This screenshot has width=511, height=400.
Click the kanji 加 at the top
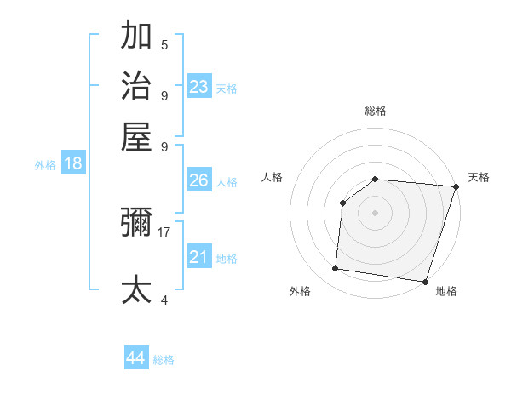point(136,37)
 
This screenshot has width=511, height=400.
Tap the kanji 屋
point(136,135)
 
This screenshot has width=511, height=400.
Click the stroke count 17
point(164,231)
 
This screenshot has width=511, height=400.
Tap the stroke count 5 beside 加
point(164,45)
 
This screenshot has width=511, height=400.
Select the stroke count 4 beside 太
point(164,300)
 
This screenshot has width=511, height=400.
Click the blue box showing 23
point(199,86)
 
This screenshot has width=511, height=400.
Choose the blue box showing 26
point(199,180)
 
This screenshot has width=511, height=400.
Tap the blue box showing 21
point(199,257)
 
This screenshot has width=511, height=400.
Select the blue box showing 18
point(73,163)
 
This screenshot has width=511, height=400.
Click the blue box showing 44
point(136,358)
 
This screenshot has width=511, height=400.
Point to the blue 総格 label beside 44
point(164,360)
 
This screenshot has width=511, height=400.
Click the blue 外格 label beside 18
point(45,165)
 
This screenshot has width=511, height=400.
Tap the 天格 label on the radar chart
point(479,177)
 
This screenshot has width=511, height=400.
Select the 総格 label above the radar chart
point(376,111)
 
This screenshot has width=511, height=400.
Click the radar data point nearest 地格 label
point(424,281)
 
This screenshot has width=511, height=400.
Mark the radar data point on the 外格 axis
point(336,269)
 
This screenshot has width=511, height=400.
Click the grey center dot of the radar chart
point(376,212)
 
